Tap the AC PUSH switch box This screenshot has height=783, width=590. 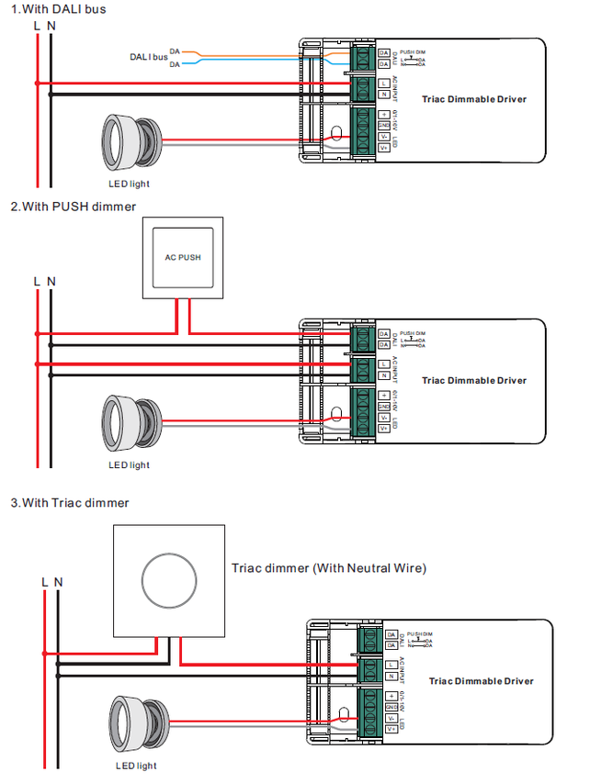(182, 258)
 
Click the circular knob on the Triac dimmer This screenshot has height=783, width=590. (167, 581)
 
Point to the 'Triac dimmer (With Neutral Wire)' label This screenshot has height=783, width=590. (328, 568)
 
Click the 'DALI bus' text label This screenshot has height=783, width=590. (148, 57)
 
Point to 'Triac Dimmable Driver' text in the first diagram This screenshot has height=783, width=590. (474, 98)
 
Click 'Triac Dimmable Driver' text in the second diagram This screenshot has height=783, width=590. (474, 380)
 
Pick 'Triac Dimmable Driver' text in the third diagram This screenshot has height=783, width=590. (481, 681)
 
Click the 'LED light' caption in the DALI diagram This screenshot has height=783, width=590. (129, 185)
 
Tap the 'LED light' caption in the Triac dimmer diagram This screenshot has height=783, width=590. (136, 766)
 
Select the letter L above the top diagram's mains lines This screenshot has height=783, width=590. (37, 26)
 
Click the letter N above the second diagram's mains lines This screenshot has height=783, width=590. (51, 281)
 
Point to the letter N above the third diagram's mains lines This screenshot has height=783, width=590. (58, 582)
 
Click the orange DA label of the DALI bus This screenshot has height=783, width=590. (174, 51)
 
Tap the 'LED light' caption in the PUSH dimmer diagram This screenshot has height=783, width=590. (129, 465)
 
